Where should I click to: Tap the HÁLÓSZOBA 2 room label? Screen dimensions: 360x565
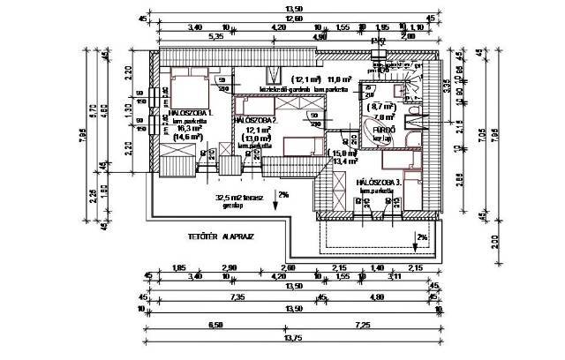(x=255, y=119)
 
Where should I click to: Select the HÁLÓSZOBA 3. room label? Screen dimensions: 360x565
(x=380, y=183)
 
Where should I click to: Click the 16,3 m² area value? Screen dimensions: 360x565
(x=187, y=128)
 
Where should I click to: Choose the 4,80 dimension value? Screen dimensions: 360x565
(x=377, y=299)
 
